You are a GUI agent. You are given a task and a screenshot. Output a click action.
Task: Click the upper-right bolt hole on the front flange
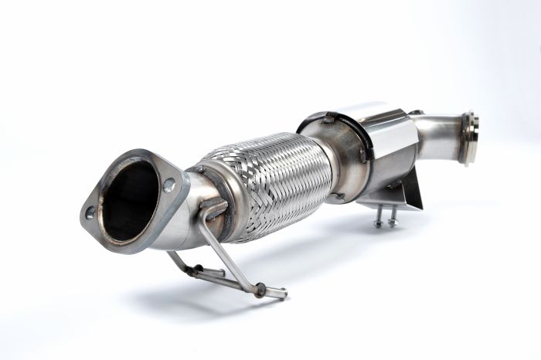[168, 185]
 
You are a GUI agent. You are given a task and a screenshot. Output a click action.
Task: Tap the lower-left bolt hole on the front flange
[90, 211]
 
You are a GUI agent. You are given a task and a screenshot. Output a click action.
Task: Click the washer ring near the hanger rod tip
[260, 289]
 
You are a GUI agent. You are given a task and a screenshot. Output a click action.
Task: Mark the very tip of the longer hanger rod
[284, 294]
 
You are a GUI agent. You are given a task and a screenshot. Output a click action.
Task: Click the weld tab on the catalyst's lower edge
[339, 196]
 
